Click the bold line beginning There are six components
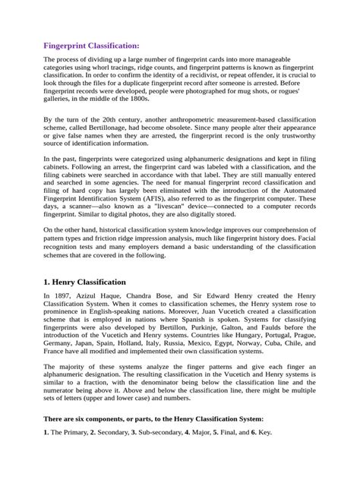153,441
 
